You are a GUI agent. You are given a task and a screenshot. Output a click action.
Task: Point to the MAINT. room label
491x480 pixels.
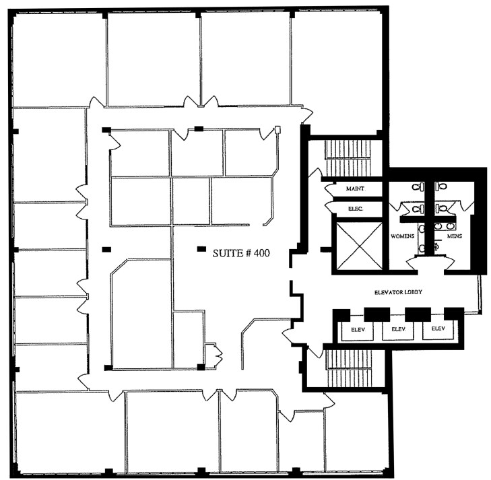355,189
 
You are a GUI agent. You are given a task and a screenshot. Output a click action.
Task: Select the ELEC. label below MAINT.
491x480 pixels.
355,209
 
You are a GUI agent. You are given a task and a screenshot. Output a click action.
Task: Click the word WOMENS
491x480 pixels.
402,236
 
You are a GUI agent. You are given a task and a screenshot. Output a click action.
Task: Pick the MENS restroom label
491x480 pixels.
455,236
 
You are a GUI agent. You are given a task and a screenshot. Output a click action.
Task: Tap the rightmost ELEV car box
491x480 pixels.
438,329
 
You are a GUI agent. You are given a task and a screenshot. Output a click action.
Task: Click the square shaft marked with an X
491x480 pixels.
358,246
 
